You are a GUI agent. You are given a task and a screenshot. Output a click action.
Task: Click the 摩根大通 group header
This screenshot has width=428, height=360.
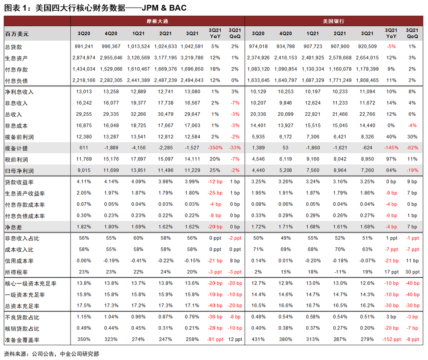(x=157, y=21)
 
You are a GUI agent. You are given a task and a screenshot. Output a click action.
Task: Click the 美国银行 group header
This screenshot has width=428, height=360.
(x=333, y=21)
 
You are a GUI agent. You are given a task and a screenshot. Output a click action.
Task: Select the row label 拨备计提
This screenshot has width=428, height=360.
(x=16, y=148)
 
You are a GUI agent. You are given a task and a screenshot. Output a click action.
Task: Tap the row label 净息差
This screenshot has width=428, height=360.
(x=13, y=227)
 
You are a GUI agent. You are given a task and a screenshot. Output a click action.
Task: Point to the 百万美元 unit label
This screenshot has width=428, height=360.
(x=16, y=34)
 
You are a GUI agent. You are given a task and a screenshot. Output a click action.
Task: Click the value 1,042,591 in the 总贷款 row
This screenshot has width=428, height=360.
(x=192, y=46)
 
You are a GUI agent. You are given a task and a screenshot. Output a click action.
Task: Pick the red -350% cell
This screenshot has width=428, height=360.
(x=215, y=148)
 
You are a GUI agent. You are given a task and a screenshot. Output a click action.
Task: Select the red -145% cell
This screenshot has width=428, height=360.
(x=391, y=148)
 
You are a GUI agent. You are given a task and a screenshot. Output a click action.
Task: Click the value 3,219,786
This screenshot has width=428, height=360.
(x=192, y=58)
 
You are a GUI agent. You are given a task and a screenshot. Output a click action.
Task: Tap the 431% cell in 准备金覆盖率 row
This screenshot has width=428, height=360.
(x=258, y=339)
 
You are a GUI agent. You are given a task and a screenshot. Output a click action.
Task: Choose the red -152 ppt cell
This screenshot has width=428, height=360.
(x=391, y=339)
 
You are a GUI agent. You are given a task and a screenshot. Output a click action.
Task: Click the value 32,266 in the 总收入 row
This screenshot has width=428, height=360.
(x=138, y=114)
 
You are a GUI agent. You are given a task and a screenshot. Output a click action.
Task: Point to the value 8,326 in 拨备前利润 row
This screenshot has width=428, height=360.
(x=367, y=137)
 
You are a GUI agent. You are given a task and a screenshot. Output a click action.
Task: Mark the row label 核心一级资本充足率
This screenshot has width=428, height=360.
(x=31, y=284)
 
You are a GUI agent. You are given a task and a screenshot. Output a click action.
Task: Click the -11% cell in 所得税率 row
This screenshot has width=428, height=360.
(x=340, y=272)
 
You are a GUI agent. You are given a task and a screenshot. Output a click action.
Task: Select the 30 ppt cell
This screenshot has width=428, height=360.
(x=412, y=272)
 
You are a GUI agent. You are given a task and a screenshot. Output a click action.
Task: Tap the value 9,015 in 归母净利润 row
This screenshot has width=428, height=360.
(x=83, y=171)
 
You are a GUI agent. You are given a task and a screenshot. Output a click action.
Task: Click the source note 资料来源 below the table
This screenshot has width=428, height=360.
(x=51, y=354)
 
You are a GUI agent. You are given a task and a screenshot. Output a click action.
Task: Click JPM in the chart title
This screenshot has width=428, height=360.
(x=150, y=8)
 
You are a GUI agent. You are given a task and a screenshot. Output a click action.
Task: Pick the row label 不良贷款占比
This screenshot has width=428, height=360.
(x=22, y=318)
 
